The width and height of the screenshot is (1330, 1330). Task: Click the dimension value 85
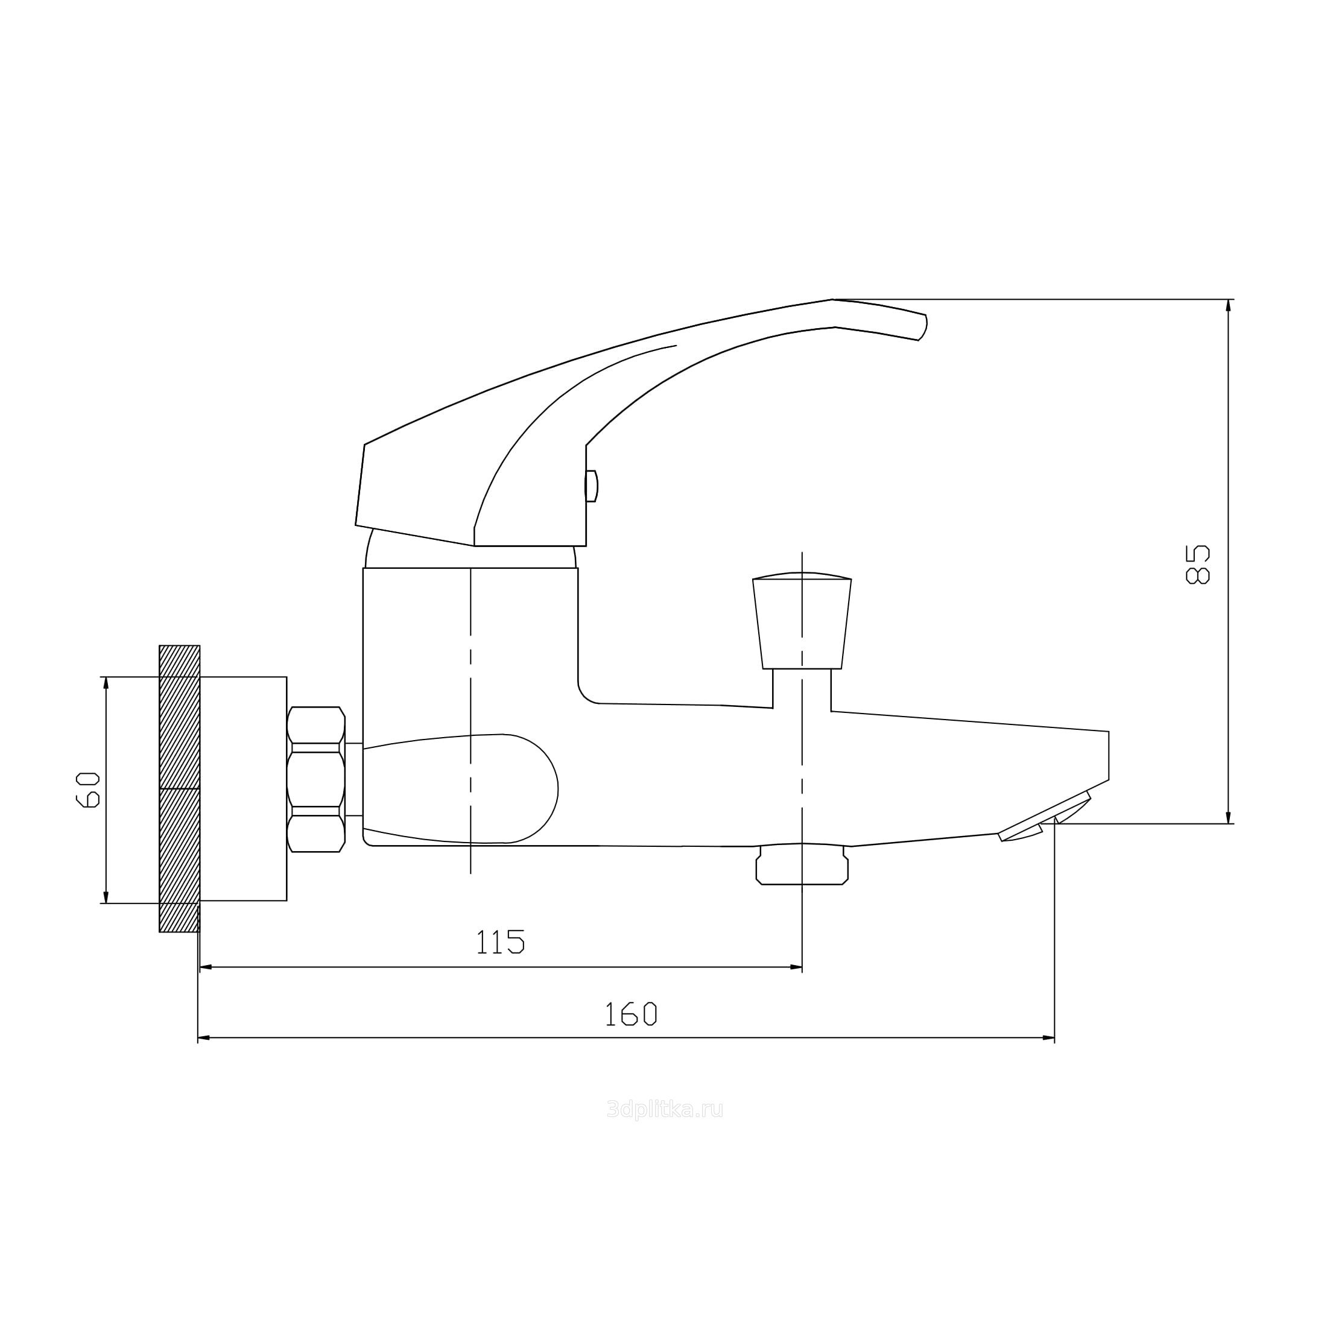[x=1197, y=565]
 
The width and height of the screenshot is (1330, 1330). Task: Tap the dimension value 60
[x=87, y=790]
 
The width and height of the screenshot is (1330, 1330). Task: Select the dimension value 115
[x=501, y=942]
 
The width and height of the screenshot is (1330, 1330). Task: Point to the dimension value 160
[x=630, y=1014]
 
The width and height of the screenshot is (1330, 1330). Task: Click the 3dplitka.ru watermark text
[x=665, y=1110]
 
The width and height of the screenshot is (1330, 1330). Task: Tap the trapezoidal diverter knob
[x=802, y=620]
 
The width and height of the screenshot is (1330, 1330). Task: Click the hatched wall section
[x=180, y=789]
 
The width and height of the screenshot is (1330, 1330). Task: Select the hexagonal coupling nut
[x=316, y=779]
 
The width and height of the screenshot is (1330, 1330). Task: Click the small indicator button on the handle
[x=591, y=486]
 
